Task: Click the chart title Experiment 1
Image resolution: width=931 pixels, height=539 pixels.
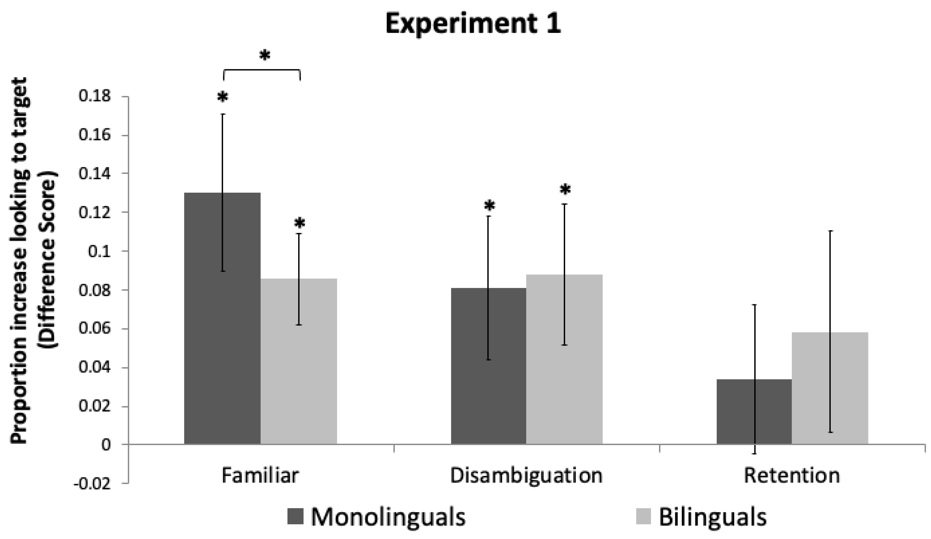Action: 473,23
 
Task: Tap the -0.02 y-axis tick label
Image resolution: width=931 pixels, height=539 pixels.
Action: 92,484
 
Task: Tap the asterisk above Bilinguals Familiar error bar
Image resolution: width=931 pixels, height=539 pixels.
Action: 300,223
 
